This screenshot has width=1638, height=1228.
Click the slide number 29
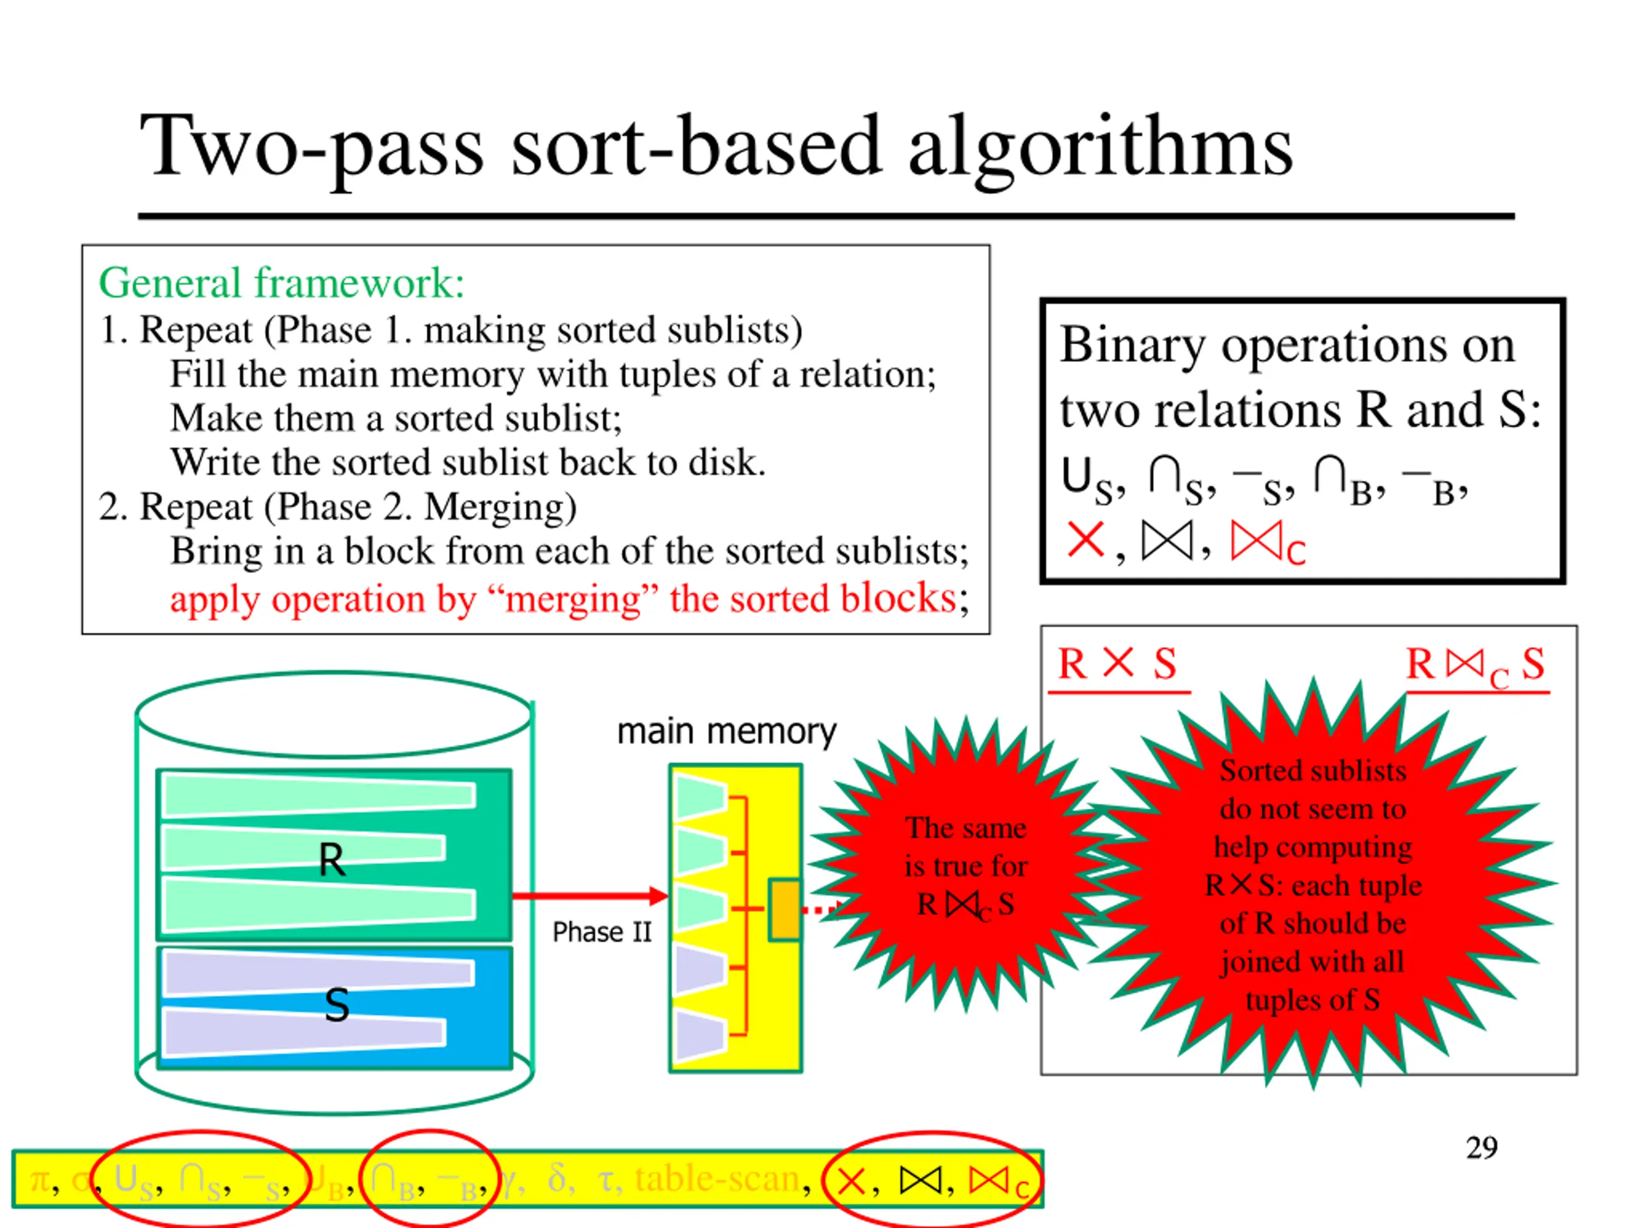click(1481, 1148)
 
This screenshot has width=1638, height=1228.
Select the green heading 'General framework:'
click(282, 283)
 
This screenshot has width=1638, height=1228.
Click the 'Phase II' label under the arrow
click(601, 932)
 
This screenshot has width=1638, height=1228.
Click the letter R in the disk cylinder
click(331, 860)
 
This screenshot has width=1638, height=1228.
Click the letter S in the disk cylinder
click(337, 1005)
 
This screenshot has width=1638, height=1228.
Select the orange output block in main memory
click(783, 909)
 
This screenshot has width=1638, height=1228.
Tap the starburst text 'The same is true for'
click(966, 847)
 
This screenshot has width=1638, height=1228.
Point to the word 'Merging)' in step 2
click(500, 508)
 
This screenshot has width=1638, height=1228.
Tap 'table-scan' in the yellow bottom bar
click(717, 1178)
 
